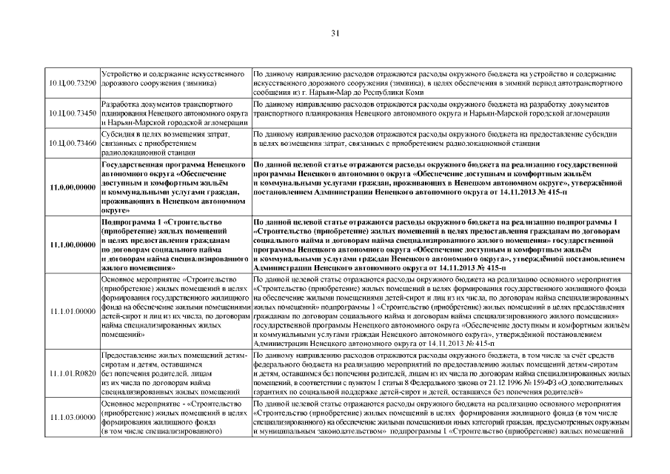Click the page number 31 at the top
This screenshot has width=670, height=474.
335,33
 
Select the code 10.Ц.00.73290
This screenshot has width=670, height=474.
73,84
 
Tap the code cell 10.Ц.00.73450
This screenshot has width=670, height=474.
73,113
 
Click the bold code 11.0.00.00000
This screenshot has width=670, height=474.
73,187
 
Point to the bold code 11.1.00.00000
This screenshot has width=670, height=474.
73,245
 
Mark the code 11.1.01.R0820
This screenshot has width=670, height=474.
73,373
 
